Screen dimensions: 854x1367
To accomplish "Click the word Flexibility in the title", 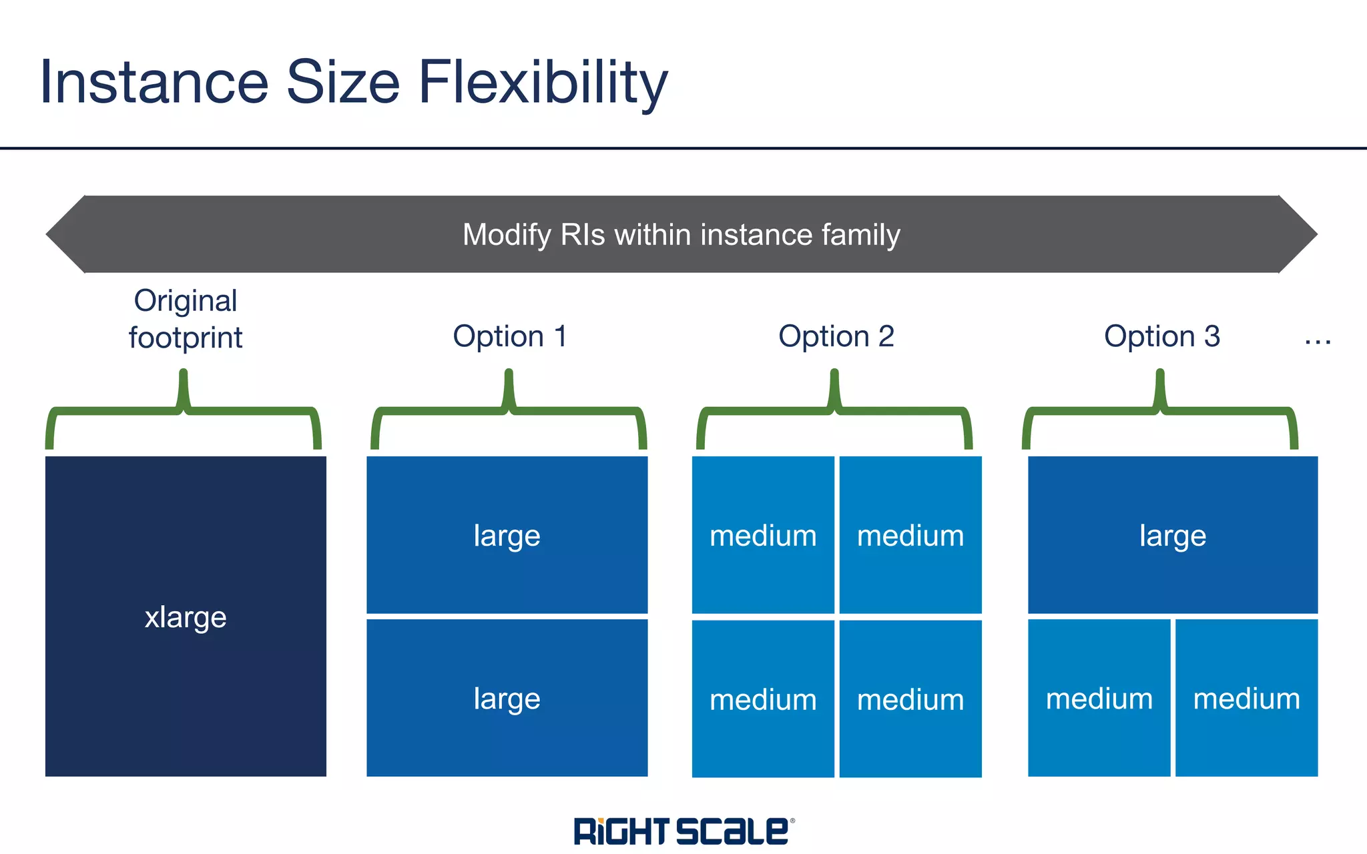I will pos(542,83).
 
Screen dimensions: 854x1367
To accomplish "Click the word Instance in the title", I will pos(154,83).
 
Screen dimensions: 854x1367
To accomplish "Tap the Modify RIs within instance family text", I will pos(681,235).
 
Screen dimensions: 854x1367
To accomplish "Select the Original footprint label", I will pos(186,319).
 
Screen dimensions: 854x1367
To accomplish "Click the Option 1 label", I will pos(509,336).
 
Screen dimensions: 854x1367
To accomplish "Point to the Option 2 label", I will pos(836,336).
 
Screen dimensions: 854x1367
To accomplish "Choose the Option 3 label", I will pos(1161,336).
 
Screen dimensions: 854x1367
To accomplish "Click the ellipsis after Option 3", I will pos(1318,342).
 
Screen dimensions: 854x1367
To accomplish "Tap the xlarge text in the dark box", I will pos(186,617).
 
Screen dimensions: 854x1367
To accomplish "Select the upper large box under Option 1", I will pos(507,535).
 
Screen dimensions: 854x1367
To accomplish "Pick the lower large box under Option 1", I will pos(507,698).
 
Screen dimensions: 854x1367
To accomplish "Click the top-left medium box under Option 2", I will pos(763,535).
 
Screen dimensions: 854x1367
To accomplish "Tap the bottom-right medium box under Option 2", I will pos(910,699).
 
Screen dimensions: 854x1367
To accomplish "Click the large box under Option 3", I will pos(1173,535).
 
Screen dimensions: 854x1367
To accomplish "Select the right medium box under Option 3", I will pos(1246,698).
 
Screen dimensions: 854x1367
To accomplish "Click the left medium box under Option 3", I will pos(1099,698).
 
